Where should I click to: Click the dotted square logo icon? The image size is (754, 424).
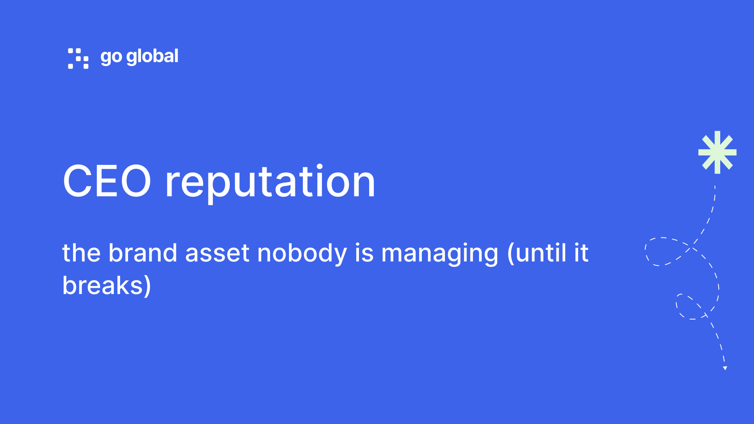pos(78,58)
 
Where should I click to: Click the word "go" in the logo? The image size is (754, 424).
pos(111,57)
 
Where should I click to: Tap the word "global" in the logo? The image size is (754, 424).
pos(152,57)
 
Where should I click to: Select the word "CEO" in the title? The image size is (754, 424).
pos(107,181)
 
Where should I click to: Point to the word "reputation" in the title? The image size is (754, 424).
pos(270,183)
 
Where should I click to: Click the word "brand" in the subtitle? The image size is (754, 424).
pos(143,252)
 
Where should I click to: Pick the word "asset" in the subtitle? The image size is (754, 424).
pos(217,254)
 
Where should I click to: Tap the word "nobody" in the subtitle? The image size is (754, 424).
pos(302,254)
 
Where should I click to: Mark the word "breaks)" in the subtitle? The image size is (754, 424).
pos(106,285)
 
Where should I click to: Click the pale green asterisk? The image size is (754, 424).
pos(717,152)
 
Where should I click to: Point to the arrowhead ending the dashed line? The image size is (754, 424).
pos(725,368)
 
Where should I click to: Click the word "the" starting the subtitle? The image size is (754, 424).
pos(81,253)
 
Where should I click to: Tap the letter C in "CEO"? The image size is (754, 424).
pos(77,181)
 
